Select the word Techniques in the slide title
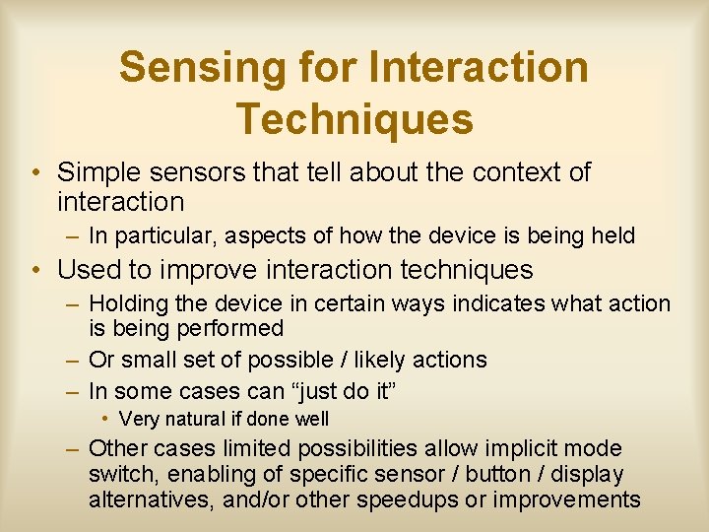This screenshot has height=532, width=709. [x=354, y=119]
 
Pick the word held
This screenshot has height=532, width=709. [x=612, y=236]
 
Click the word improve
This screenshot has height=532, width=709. [x=199, y=270]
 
